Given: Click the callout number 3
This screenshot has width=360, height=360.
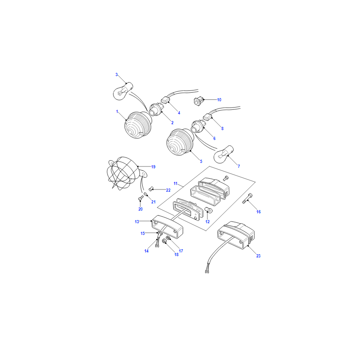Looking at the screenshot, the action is pos(117,75).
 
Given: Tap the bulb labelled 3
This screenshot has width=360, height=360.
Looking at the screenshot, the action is pos(123,92).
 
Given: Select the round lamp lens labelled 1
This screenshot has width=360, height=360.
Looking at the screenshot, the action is pos(138,125).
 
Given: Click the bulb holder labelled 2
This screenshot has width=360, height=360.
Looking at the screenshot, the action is pos(156,110).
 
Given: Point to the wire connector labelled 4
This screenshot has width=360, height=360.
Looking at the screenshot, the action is pos(165,100).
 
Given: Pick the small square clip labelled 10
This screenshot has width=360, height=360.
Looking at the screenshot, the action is pos(198,101).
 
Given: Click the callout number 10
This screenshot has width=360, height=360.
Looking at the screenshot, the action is pos(219,99).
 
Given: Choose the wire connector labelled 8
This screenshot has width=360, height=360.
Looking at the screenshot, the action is pos(207,117).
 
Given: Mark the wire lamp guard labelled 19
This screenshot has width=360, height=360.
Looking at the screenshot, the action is pos(124,174).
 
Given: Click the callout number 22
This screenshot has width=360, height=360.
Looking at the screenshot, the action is pos(168,190).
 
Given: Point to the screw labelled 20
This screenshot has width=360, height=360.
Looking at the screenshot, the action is pos(140,198).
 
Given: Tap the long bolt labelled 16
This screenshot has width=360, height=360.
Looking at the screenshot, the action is pos(247,198).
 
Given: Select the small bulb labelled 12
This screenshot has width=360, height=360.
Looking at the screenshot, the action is pos(208,210).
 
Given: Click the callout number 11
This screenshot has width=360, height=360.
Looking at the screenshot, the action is pos(175,184).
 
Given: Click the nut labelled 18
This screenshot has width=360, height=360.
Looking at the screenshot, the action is pos(164,241).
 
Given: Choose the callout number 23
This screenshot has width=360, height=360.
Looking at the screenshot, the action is pos(258,256).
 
